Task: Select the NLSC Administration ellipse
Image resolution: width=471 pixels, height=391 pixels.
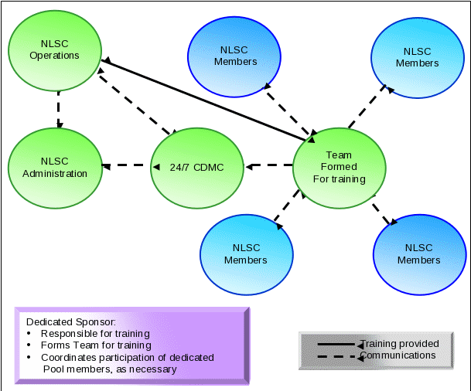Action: pos(54,167)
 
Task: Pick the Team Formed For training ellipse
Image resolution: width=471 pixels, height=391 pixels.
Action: pos(339,167)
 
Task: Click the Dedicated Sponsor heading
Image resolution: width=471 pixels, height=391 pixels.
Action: pos(70,321)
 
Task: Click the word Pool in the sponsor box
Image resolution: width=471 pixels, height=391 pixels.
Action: pos(54,369)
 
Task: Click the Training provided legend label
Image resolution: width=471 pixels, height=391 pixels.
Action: pos(401,344)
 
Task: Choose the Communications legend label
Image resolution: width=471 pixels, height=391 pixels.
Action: pos(398,355)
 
